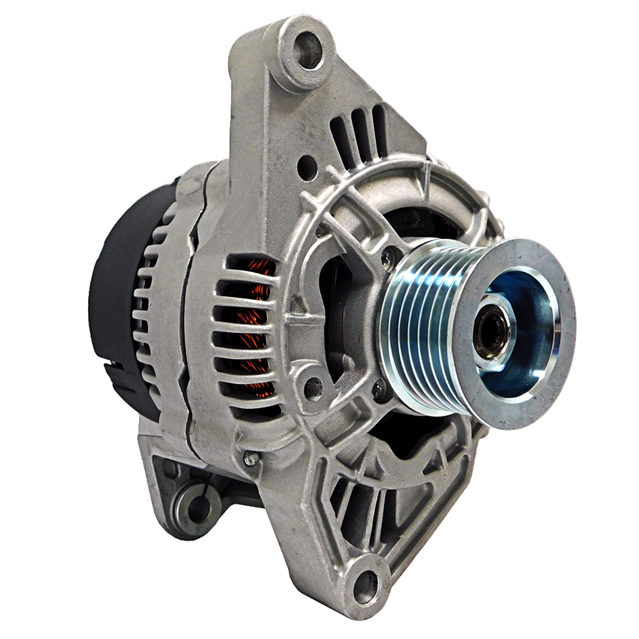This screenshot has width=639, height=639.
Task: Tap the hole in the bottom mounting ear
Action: pyautogui.click(x=366, y=583)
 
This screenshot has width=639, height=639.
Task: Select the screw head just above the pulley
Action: pyautogui.click(x=388, y=259)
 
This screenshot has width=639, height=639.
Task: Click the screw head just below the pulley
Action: pyautogui.click(x=380, y=389)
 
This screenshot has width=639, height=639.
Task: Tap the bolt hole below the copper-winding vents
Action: pyautogui.click(x=312, y=388)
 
